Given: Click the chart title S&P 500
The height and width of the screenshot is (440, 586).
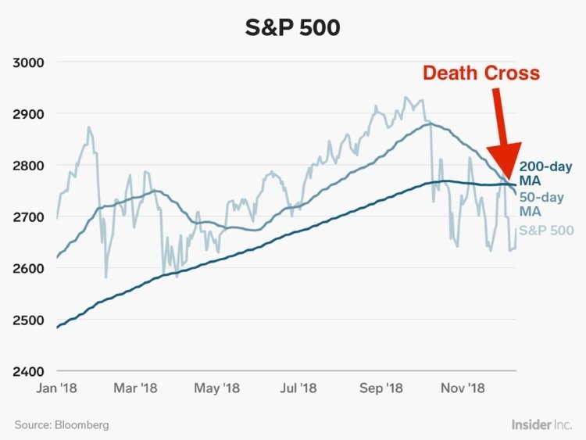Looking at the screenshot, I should [x=292, y=28].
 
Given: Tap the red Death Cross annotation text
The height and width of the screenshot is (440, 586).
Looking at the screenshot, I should [x=481, y=73].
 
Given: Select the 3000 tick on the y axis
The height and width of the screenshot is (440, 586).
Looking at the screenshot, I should [x=29, y=63].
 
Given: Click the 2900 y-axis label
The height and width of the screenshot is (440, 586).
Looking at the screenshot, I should [x=29, y=114].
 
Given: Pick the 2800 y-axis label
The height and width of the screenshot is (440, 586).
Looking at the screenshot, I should [x=29, y=166].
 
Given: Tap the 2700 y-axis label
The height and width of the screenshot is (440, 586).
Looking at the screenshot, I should [x=29, y=216].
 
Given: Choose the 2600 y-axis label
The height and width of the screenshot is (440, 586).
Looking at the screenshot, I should [x=29, y=268].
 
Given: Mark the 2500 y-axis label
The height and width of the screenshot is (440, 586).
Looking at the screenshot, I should [x=29, y=320].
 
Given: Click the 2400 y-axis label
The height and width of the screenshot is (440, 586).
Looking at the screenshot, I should [x=29, y=371].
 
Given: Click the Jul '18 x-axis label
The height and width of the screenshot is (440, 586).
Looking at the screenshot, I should [x=298, y=387].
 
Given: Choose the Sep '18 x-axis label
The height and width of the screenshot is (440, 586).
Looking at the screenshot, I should [x=381, y=387].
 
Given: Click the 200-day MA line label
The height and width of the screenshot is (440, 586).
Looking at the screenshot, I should [x=545, y=173].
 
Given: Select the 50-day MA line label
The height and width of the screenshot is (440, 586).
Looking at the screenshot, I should [x=541, y=205].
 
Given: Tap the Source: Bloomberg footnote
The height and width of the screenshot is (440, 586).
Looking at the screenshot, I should [x=62, y=425].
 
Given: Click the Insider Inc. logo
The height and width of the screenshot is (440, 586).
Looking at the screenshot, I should [x=541, y=424].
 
